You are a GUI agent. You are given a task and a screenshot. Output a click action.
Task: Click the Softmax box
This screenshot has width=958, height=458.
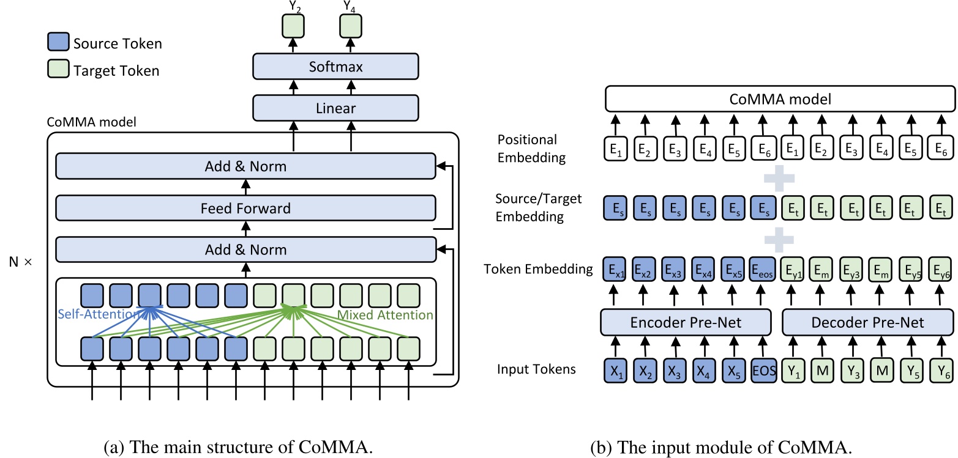pos(335,67)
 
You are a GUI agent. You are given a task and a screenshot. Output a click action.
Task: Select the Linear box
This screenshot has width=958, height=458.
pos(335,109)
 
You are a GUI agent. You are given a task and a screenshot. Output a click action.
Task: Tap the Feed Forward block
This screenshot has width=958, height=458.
pos(245,209)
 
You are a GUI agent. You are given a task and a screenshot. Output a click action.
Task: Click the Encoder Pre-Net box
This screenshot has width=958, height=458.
pos(686,322)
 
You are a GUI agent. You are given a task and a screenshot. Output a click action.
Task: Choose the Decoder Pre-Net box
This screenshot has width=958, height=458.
pos(868,322)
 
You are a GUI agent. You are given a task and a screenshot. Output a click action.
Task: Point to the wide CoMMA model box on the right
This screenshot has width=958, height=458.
pos(779,99)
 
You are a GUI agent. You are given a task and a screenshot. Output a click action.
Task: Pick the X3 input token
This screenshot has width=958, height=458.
pos(672,371)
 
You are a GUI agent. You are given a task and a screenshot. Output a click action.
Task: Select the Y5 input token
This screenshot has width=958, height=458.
pos(910,371)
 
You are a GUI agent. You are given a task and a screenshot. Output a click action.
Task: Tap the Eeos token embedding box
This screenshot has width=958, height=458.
pos(762,268)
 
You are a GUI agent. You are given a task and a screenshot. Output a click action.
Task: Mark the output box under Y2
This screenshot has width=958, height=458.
pos(293,26)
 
